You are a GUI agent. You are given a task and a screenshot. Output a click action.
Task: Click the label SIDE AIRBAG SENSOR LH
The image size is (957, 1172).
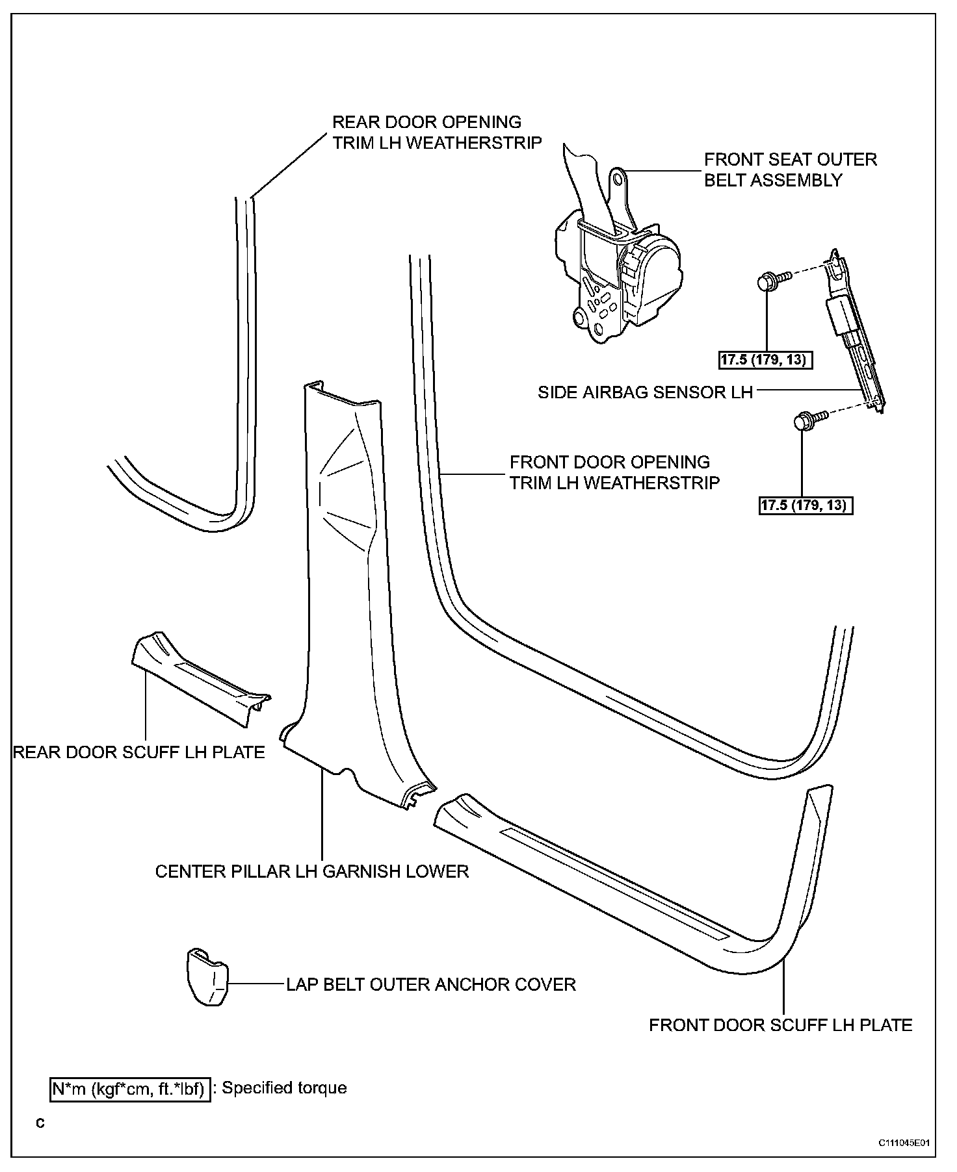coord(645,392)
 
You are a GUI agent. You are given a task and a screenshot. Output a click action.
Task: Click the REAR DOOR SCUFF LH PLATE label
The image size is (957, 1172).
coord(139,752)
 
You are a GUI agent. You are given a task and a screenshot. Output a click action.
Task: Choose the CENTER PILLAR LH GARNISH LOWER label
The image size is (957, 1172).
coord(312,871)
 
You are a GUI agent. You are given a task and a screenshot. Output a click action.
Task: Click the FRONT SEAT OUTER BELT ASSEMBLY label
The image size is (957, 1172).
coord(791,170)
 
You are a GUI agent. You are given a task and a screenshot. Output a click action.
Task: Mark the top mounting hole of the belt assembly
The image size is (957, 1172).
coord(618,177)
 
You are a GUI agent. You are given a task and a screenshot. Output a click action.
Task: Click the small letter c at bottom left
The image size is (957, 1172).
coord(40,1123)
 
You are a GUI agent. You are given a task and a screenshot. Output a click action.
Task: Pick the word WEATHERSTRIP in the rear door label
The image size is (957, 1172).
coord(474,143)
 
